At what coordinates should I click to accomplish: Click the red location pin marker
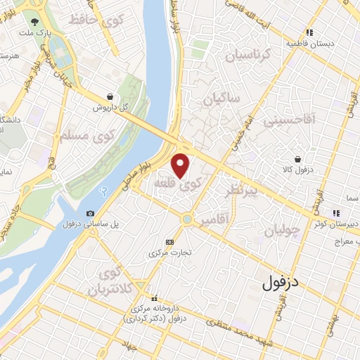(x=181, y=166)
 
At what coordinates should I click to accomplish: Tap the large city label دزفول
(x=290, y=283)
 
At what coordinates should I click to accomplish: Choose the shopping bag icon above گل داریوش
(x=110, y=97)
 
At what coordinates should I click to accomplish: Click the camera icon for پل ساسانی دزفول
(x=90, y=214)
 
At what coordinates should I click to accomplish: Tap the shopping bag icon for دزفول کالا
(x=298, y=159)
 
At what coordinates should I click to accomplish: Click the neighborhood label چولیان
(x=283, y=230)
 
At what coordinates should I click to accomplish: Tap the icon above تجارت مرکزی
(x=169, y=241)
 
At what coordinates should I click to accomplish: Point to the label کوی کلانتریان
(x=110, y=281)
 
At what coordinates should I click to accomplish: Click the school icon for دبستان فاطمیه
(x=309, y=32)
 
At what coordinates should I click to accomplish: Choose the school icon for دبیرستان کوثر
(x=337, y=212)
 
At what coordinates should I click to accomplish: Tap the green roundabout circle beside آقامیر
(x=186, y=219)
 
